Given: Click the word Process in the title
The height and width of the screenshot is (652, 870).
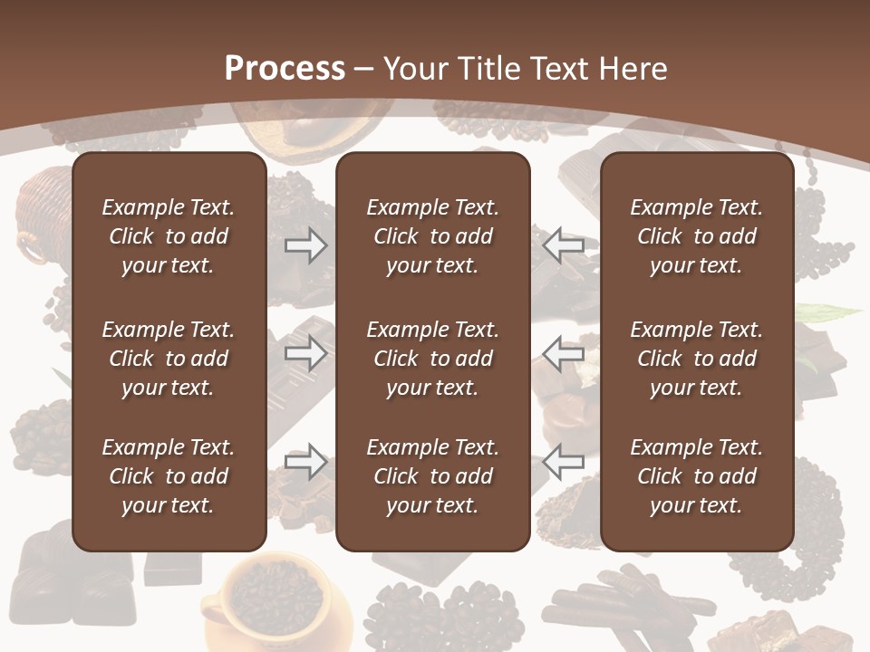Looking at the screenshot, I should (285, 69).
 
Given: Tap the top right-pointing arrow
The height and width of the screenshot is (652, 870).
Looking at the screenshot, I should (305, 244).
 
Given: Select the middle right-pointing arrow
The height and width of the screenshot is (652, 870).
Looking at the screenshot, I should (305, 353).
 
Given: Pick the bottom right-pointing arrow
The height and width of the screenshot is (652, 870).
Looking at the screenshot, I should (305, 462).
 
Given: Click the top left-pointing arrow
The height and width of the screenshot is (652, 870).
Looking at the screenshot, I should (563, 244).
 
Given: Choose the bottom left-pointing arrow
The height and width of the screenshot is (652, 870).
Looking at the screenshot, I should (563, 462).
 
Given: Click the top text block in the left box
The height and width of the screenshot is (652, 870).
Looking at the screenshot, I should (169, 236).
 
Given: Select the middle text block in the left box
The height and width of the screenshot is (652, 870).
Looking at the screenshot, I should (169, 359).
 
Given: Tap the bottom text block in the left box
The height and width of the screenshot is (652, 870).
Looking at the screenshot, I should (169, 476).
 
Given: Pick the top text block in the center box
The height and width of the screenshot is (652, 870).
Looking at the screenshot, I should (432, 236).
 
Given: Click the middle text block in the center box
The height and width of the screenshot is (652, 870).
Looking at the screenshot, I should (432, 359).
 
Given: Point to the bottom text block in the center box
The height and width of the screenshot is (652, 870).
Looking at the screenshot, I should (432, 476).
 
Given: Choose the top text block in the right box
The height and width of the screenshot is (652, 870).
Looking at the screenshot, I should (696, 236).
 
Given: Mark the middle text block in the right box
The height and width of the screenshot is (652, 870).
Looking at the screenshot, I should (696, 359).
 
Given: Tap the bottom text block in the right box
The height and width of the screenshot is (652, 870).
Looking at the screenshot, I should (696, 476).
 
